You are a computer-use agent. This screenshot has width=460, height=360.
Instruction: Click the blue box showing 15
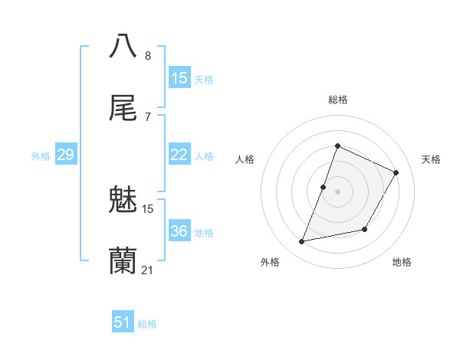coord(179,78)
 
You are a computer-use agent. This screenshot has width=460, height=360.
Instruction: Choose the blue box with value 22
coord(179,155)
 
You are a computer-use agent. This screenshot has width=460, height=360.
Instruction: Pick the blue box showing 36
coord(179,231)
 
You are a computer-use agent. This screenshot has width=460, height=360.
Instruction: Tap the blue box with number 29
coord(65,155)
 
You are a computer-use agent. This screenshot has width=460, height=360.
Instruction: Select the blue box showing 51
coord(123,322)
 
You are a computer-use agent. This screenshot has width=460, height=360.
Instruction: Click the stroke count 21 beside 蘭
coord(148,270)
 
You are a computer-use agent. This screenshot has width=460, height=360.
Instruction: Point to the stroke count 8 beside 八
coord(148,55)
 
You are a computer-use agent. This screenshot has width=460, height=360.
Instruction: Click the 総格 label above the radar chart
coord(338,100)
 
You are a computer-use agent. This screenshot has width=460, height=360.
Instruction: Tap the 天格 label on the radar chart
coord(431,159)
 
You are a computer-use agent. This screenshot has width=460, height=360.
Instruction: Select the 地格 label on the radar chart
coord(402,262)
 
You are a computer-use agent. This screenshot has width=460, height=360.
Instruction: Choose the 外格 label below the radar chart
coord(270,262)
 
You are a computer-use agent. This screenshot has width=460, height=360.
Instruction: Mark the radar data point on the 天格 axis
coord(396,173)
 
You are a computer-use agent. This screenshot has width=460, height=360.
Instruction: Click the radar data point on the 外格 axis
coord(302,242)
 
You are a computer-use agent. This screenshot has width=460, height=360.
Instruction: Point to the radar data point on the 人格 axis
coord(324,187)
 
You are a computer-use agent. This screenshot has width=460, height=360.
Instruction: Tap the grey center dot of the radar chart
coord(338,191)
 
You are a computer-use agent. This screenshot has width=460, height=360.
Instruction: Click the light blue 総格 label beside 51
coord(147,324)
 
